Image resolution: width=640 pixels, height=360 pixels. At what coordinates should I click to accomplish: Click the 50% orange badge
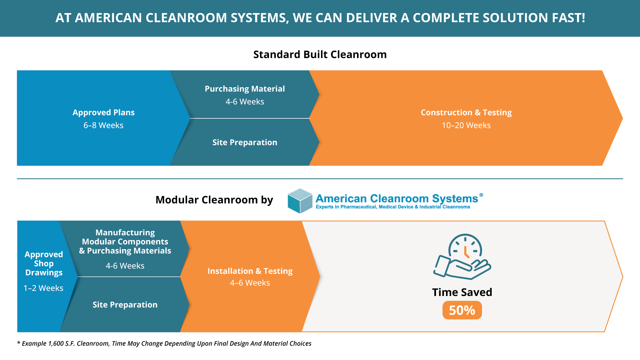[x=462, y=310]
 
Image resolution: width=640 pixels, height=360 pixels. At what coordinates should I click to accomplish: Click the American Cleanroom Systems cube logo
[x=300, y=201]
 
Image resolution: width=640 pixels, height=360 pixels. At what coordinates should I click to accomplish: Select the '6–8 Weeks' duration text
[x=103, y=125]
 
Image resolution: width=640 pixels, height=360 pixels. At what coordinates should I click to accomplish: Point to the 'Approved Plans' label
[x=104, y=113]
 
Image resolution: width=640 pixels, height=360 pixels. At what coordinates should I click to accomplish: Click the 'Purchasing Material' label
[x=245, y=89]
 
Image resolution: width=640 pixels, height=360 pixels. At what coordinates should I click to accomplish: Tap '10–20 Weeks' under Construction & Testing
[x=466, y=125]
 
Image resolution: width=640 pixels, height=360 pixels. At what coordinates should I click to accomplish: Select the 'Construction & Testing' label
[x=466, y=113]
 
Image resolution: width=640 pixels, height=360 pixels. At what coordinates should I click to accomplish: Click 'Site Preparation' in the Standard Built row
[x=245, y=143]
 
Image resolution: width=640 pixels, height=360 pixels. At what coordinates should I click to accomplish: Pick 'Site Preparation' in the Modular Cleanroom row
[x=125, y=305]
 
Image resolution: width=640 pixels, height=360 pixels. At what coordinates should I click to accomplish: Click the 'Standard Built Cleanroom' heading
[x=320, y=54]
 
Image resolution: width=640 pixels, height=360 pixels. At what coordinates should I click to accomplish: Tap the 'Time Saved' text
[x=462, y=292]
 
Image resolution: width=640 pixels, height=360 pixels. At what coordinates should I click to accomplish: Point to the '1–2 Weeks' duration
[x=43, y=288]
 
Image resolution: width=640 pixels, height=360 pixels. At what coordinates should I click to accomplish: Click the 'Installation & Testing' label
[x=250, y=271]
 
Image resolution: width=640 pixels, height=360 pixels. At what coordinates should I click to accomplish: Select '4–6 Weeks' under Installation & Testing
[x=250, y=283]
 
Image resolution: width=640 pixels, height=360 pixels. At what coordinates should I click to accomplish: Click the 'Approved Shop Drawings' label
[x=44, y=264]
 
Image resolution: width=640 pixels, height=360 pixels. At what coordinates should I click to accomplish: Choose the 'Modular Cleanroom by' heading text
[x=214, y=200]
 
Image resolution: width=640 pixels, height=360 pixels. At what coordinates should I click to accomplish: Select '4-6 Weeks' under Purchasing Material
[x=245, y=102]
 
